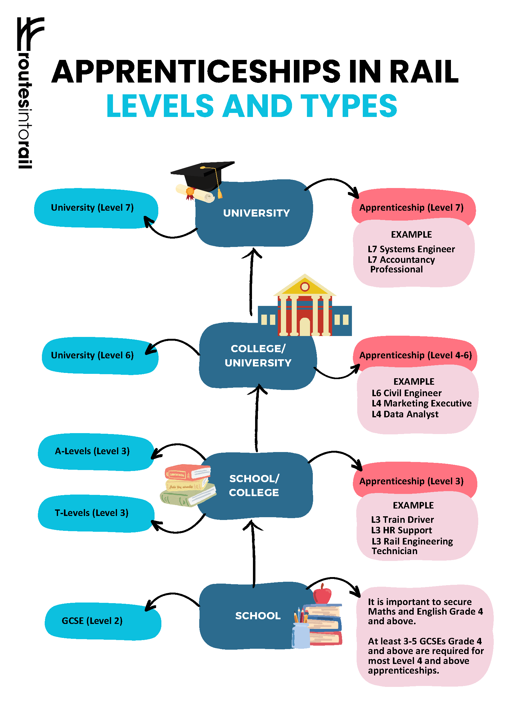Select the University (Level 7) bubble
tap(96, 208)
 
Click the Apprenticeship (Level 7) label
tap(411, 208)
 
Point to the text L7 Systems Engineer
tap(411, 249)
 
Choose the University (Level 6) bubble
tap(100, 356)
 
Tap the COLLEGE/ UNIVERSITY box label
tap(258, 356)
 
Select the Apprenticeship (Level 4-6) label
tap(416, 355)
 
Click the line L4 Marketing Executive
tap(421, 403)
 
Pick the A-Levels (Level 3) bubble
tap(96, 452)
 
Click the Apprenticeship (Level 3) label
tap(411, 481)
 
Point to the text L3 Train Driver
tap(402, 519)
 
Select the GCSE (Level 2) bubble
tap(103, 622)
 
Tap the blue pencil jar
tap(301, 636)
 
